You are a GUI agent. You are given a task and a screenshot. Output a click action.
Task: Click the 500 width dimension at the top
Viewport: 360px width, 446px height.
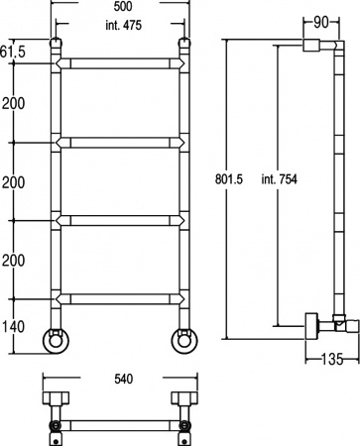click(x=123, y=6)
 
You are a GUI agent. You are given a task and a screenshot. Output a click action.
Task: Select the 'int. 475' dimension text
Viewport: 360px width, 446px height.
click(x=123, y=25)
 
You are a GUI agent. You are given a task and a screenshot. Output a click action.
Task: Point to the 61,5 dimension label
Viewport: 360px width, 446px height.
click(x=13, y=52)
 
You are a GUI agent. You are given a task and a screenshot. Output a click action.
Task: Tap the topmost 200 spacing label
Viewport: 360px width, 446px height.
click(x=14, y=104)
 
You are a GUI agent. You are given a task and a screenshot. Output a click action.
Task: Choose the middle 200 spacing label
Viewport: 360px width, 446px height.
click(x=14, y=182)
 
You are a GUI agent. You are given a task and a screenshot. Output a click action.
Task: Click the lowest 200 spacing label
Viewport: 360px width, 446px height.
click(x=14, y=261)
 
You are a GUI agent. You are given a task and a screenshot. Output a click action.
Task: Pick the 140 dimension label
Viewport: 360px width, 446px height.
click(x=14, y=327)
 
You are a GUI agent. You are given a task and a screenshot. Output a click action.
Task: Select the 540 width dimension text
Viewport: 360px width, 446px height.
click(x=123, y=379)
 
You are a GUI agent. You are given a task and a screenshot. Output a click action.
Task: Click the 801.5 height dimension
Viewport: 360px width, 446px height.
click(x=229, y=179)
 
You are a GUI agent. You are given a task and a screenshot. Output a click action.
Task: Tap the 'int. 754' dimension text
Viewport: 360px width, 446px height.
click(x=280, y=179)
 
